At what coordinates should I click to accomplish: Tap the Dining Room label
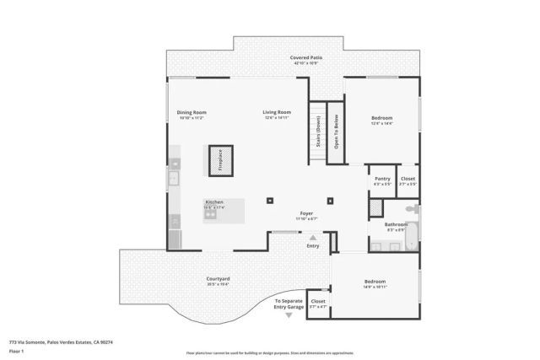click(x=192, y=112)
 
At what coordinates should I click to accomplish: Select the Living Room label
click(x=277, y=112)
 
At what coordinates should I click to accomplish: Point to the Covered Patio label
click(x=307, y=57)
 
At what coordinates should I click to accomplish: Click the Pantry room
click(x=382, y=180)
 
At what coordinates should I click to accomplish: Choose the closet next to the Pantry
click(x=407, y=180)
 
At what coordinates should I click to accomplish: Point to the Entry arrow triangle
click(x=312, y=238)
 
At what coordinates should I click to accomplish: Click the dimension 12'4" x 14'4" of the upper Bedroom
click(x=382, y=123)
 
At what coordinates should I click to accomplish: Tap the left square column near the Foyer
click(x=268, y=201)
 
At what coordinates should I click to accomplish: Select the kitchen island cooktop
click(x=211, y=215)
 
